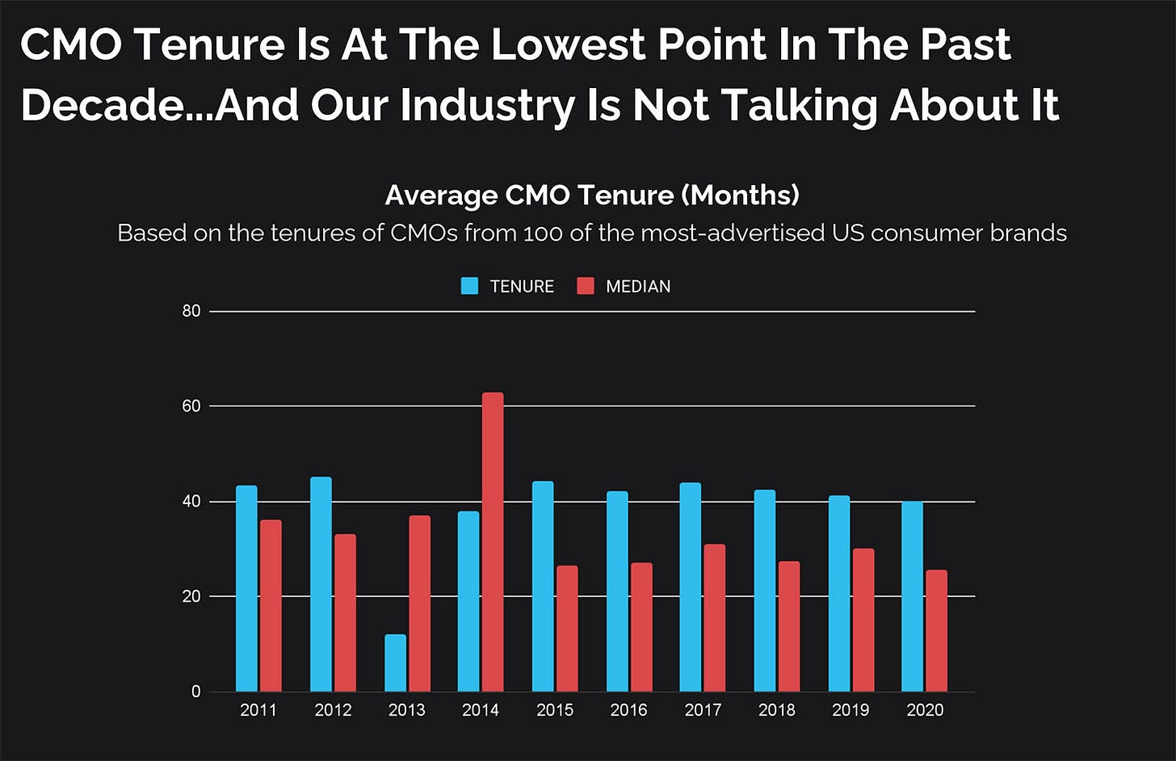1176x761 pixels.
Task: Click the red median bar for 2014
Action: [x=493, y=542]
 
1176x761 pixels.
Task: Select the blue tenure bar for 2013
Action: [x=395, y=663]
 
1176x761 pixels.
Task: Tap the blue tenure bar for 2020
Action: [x=912, y=596]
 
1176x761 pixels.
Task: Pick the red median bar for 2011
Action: [x=271, y=606]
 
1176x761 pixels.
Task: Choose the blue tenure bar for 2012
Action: [x=321, y=584]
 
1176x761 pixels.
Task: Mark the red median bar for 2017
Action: [x=714, y=618]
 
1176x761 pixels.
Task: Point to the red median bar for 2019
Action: [x=863, y=620]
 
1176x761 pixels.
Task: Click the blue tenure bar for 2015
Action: [x=543, y=587]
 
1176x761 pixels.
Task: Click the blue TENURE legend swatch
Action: [x=469, y=286]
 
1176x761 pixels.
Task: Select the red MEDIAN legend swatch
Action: [x=586, y=286]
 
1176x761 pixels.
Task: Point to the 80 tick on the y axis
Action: [x=191, y=311]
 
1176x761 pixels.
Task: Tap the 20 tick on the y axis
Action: [x=191, y=596]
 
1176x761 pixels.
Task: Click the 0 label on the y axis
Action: [x=195, y=692]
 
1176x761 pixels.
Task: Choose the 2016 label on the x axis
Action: [x=628, y=710]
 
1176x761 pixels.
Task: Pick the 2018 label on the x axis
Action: [x=776, y=710]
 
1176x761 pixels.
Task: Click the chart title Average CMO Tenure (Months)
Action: [x=592, y=195]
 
